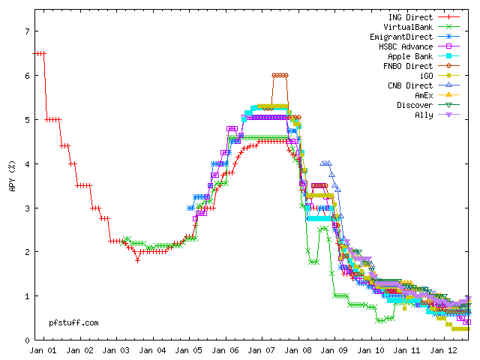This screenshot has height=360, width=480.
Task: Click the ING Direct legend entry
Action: point(411,17)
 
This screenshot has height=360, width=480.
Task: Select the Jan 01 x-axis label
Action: point(41,350)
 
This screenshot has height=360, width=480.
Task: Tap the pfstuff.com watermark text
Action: point(74,322)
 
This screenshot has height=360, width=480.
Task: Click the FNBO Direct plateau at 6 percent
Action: point(280,75)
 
